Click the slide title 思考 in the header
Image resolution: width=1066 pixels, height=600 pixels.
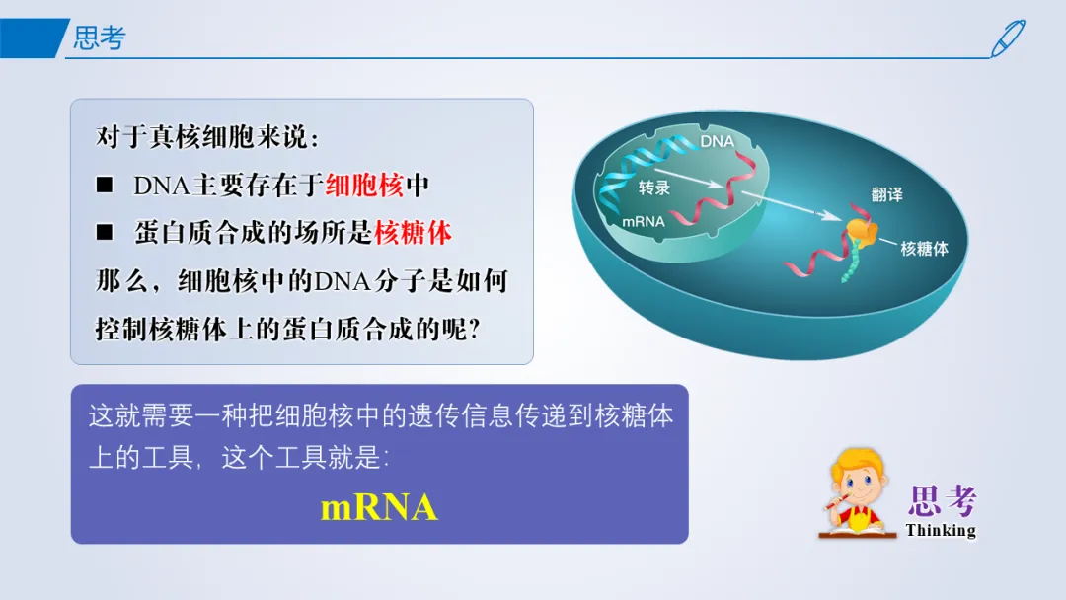click(100, 38)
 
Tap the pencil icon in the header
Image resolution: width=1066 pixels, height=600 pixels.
click(1007, 38)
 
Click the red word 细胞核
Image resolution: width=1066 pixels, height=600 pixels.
click(364, 186)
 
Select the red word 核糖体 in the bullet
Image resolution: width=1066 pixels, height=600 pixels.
click(414, 233)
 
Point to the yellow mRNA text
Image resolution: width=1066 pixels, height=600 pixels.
click(379, 507)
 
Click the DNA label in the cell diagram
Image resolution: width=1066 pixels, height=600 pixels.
click(718, 141)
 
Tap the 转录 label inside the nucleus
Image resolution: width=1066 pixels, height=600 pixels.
click(654, 187)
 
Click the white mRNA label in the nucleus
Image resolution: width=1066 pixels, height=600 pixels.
click(644, 221)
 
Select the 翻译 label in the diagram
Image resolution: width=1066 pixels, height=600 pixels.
click(886, 195)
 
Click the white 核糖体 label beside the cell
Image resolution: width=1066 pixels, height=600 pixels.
click(924, 249)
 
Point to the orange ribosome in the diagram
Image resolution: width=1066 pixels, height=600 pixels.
click(862, 231)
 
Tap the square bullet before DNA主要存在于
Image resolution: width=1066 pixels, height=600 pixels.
click(105, 185)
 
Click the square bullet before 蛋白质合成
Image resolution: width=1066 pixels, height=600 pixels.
click(105, 232)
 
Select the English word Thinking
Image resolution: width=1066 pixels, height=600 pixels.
click(941, 530)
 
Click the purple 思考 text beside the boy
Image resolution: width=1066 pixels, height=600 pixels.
click(943, 501)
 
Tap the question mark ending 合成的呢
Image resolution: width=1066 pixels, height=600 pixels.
click(475, 330)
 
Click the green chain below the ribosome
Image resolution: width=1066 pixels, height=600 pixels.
click(851, 262)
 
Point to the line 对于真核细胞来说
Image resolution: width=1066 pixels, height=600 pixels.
click(206, 137)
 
